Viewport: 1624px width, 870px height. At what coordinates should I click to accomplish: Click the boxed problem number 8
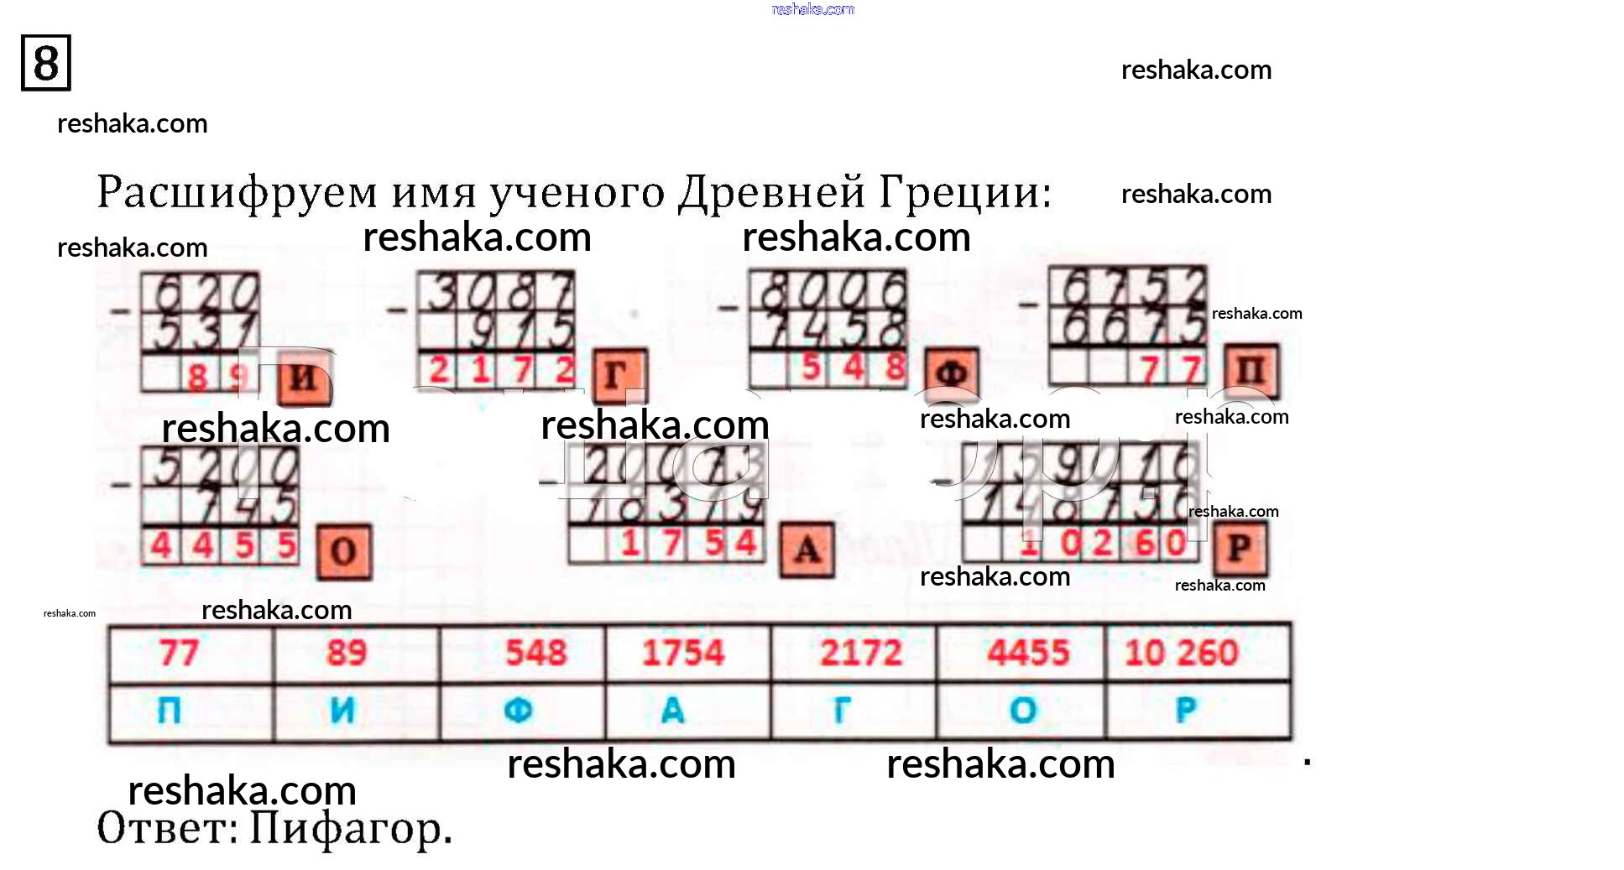coord(46,63)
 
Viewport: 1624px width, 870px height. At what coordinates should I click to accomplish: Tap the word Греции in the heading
coord(965,193)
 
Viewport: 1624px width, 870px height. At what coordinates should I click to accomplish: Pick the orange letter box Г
coord(619,374)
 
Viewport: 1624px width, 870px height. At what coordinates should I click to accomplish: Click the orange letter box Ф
coord(951,372)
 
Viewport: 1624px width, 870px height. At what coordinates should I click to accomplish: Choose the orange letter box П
coord(1251,371)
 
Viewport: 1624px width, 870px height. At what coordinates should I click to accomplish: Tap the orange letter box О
coord(343,551)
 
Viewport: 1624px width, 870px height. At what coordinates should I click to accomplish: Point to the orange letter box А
coord(807,550)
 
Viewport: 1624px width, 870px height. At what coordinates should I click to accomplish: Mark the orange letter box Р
coord(1240,549)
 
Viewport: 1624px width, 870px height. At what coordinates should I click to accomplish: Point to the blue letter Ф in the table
coord(518,711)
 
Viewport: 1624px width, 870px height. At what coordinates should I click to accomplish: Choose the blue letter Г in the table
coord(841,711)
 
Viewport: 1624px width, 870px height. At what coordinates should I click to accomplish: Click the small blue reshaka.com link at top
coord(812,9)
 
